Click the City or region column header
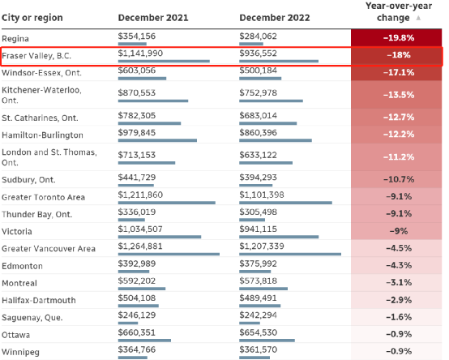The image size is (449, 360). pos(32,18)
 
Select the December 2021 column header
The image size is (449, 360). pos(153,18)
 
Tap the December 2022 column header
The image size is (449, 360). pos(275,18)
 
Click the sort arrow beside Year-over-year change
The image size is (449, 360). pos(418,18)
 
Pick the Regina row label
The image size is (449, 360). pos(15,39)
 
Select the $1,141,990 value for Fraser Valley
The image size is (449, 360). pos(140,54)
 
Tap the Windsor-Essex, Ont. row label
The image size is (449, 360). pos(41,73)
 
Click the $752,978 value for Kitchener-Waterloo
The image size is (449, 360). pos(259,92)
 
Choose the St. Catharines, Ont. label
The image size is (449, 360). pos(40,118)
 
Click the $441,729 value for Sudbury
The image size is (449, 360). pos(137,178)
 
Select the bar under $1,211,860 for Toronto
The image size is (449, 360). pos(167,203)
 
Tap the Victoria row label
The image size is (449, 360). pos(16,231)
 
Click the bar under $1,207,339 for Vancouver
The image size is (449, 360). pos(290,254)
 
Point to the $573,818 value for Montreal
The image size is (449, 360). pos(259,281)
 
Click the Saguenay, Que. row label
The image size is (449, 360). pos(32,318)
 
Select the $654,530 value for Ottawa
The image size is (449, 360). pos(259,332)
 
